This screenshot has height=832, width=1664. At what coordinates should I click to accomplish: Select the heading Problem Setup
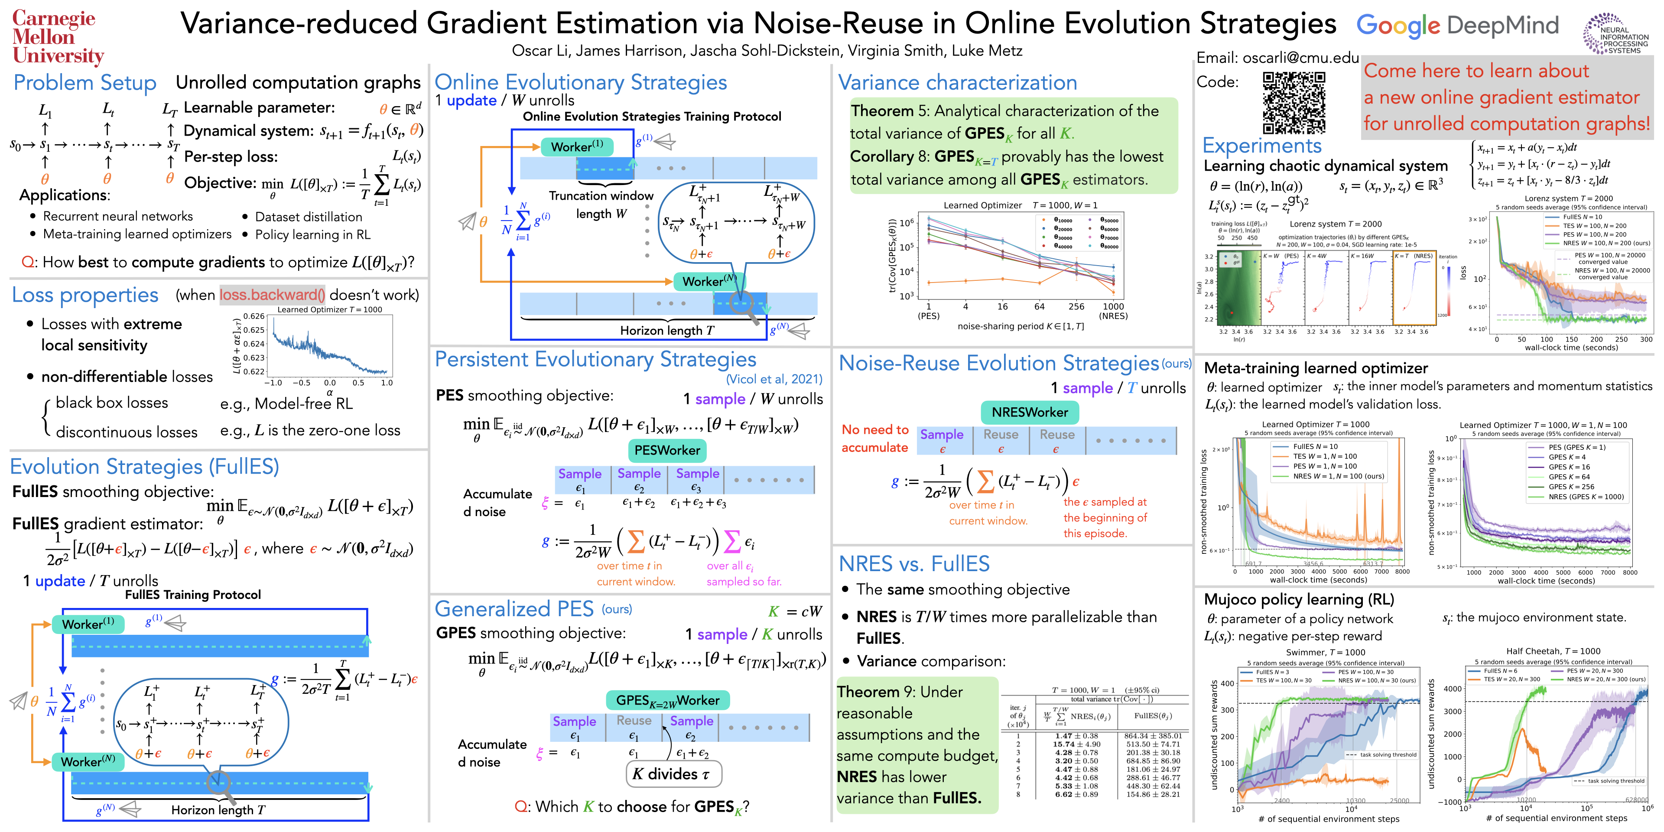click(x=84, y=83)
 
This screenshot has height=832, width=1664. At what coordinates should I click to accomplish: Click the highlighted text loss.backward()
click(x=272, y=295)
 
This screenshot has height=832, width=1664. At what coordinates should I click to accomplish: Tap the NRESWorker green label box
click(x=1030, y=412)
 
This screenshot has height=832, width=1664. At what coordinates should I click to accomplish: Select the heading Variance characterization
click(x=957, y=83)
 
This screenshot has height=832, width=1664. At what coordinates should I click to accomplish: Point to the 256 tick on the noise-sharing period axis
click(x=1076, y=307)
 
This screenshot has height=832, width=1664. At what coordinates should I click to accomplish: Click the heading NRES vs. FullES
click(x=913, y=564)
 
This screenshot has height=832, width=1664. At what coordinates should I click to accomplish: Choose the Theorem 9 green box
click(x=916, y=745)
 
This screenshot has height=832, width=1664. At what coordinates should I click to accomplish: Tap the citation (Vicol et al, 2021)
click(x=774, y=379)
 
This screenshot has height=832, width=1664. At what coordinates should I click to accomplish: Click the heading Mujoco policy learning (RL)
click(x=1299, y=599)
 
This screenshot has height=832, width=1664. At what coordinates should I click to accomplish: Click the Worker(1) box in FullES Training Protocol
click(x=88, y=624)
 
